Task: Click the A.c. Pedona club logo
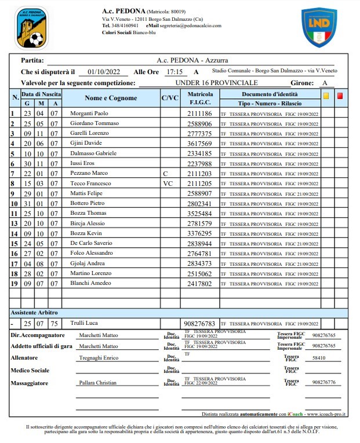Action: (32, 27)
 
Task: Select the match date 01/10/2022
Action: (104, 72)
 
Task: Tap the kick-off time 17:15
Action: (174, 72)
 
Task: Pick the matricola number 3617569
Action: (199, 144)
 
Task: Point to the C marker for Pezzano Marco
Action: (166, 174)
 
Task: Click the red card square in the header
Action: (340, 97)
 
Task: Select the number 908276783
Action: (199, 324)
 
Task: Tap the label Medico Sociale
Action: (30, 370)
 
